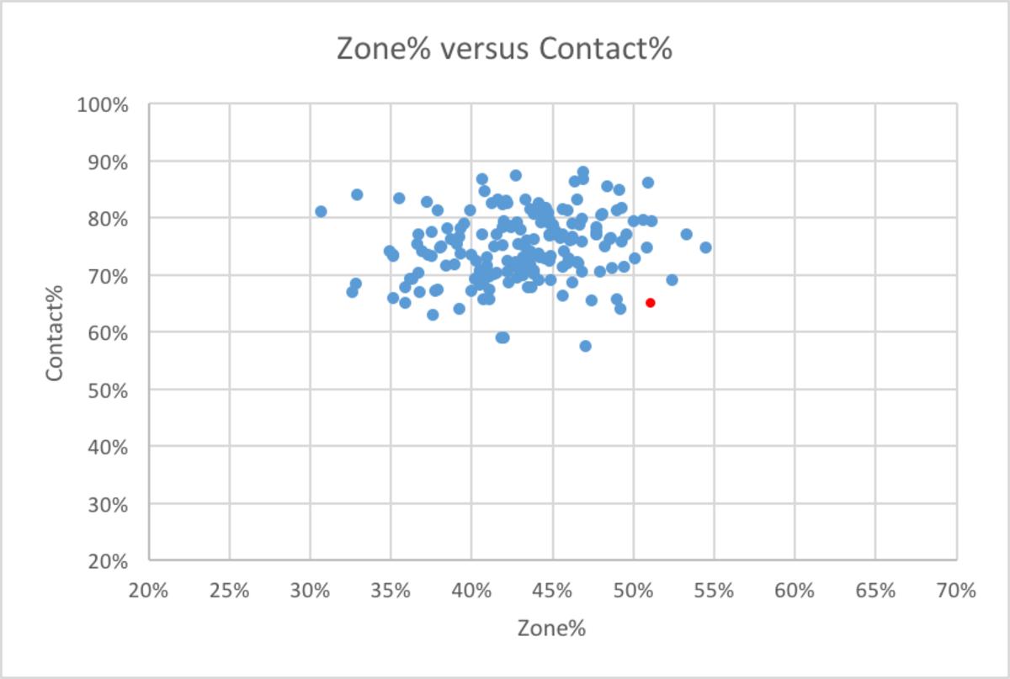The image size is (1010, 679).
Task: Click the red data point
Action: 650,303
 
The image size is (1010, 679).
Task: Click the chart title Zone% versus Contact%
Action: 504,49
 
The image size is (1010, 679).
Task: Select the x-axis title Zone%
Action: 551,628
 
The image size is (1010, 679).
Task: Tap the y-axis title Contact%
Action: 56,332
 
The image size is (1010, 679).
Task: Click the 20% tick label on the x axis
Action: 148,591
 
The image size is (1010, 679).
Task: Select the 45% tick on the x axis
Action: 552,591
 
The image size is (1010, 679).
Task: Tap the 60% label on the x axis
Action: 794,591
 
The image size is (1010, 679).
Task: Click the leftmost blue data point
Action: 321,211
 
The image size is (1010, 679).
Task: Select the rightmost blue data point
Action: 705,247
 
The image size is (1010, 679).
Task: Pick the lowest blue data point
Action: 586,346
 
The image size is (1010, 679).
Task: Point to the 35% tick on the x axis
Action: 391,591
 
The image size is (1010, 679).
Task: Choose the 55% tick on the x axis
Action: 713,591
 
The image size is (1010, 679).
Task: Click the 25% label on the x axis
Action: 229,591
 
